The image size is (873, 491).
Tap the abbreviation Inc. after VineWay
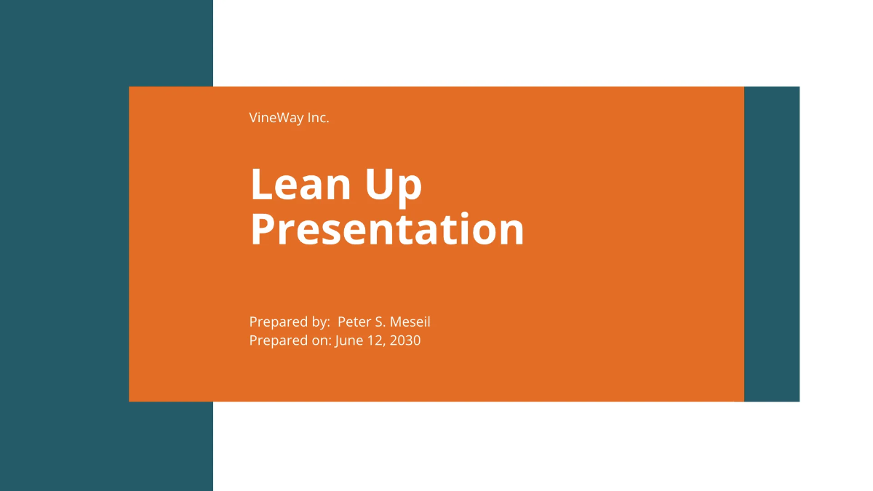318,118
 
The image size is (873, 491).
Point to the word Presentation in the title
387,229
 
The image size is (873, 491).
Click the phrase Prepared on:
290,340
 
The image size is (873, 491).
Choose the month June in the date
349,340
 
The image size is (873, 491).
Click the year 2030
405,340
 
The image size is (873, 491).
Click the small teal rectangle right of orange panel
772,244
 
